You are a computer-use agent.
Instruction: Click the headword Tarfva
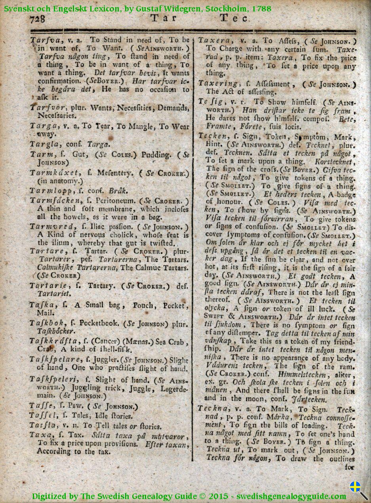[44, 40]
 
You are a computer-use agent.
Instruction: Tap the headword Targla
[43, 144]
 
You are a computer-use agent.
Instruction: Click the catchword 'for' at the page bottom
[349, 467]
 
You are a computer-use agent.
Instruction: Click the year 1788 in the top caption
[261, 8]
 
